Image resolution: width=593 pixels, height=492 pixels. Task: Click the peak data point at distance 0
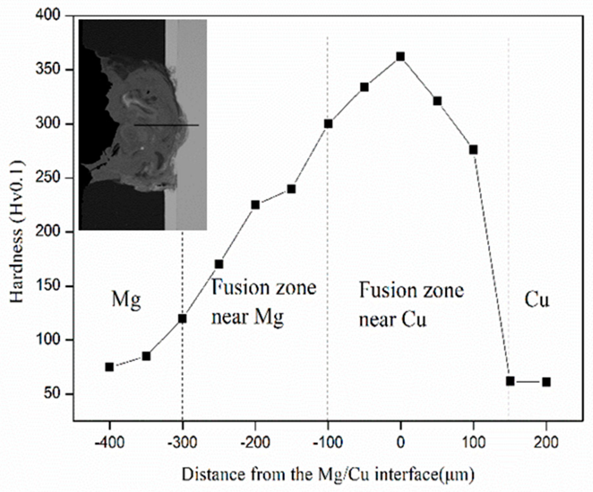point(400,57)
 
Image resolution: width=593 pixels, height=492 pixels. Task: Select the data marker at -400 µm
point(110,367)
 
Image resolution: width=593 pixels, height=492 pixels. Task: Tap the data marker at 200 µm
point(546,382)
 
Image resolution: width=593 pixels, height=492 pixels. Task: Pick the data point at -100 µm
point(328,124)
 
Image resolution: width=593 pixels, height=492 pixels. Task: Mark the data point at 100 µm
point(473,150)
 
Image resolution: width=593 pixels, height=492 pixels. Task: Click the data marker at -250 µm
point(219,264)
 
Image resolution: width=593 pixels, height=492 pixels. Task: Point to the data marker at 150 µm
point(510,381)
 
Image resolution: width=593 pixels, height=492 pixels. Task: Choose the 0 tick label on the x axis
point(400,443)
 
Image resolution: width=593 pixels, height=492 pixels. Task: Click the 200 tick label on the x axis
point(546,443)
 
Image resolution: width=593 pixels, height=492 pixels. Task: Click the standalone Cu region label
point(537,300)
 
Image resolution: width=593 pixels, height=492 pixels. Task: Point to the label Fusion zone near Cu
point(411,305)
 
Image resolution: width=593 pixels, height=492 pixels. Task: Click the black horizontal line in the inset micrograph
point(166,125)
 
